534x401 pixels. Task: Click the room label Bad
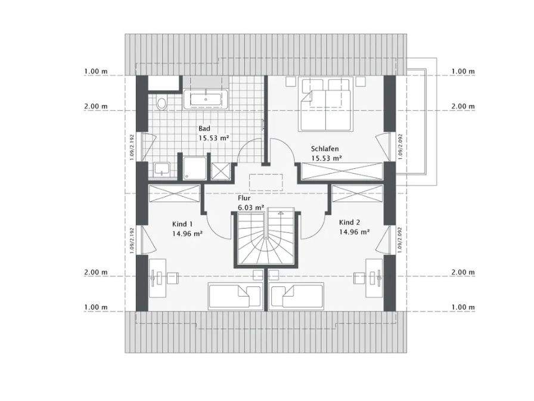pos(204,128)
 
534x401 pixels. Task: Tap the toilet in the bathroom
pos(162,104)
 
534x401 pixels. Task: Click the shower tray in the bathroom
pos(194,168)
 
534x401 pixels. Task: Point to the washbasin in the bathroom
pos(162,170)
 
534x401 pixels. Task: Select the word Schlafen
pos(325,149)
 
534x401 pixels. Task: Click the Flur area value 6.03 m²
pos(251,207)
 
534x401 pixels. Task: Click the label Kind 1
pos(182,224)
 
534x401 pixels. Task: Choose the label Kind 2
pos(350,222)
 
